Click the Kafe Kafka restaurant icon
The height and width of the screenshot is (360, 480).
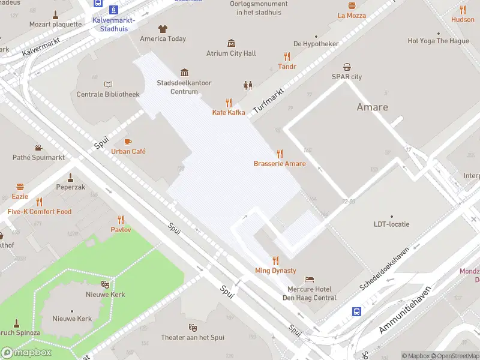coord(229,103)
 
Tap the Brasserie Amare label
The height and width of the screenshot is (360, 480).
coord(279,164)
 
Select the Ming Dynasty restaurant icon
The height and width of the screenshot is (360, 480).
coord(275,260)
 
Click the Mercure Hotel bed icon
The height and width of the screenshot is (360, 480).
coord(308,280)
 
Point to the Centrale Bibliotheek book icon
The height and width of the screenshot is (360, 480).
coord(108,84)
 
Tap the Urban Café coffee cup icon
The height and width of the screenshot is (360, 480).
coord(128,142)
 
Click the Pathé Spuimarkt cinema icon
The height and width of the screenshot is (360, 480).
coord(38,148)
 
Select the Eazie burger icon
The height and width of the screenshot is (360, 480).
coord(20,187)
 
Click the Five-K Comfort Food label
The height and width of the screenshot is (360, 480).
coord(40,212)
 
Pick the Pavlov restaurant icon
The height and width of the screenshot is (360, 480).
coord(121,220)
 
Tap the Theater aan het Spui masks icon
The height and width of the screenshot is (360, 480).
coord(193,328)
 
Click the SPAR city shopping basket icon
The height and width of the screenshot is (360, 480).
coord(347,67)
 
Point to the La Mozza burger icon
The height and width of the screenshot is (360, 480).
coord(351,5)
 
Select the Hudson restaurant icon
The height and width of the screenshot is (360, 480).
coord(463,10)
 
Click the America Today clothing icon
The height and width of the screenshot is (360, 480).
coord(163,28)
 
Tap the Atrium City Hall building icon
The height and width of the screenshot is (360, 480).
coord(231,43)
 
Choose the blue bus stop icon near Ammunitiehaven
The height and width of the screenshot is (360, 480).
coord(356,311)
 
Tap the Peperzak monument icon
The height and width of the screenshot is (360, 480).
coord(70,177)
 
